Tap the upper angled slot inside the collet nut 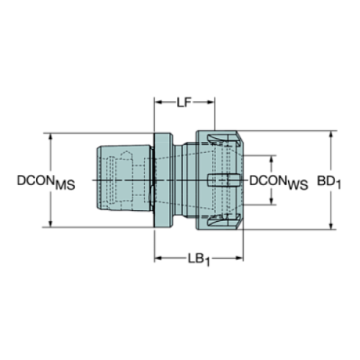click(x=220, y=140)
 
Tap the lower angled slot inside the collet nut click(x=220, y=221)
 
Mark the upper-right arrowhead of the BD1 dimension click(x=332, y=135)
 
